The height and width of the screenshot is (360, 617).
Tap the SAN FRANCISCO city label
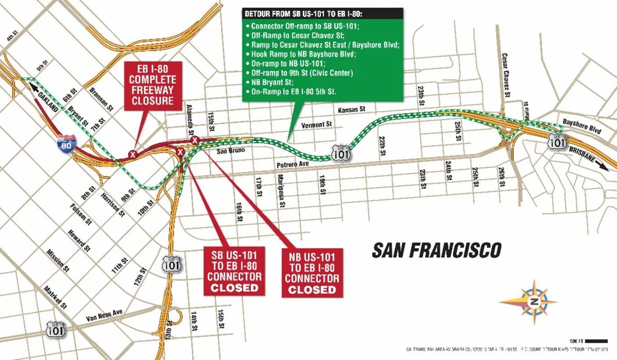pyautogui.click(x=437, y=249)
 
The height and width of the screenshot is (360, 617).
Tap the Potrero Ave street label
pyautogui.click(x=293, y=164)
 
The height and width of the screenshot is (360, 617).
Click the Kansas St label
pyautogui.click(x=352, y=109)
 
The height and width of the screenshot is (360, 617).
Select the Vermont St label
pyautogui.click(x=316, y=124)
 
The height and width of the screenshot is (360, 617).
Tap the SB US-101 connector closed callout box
pyautogui.click(x=234, y=270)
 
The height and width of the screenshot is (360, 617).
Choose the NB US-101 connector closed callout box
pyautogui.click(x=312, y=273)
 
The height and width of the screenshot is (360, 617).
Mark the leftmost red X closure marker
pyautogui.click(x=133, y=154)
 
